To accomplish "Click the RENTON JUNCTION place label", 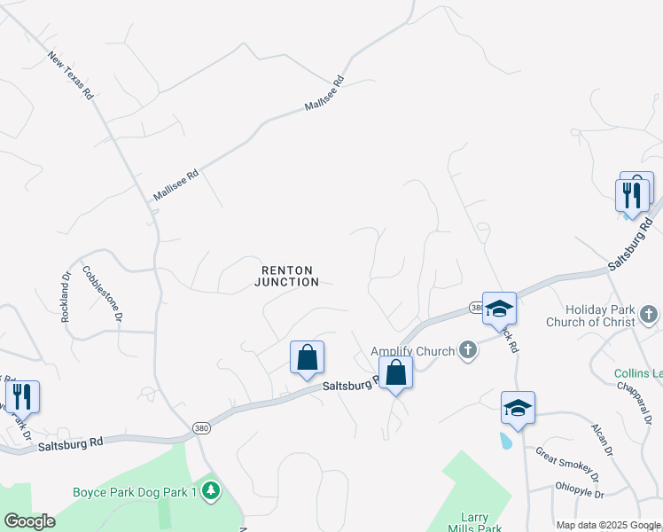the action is click(286, 276).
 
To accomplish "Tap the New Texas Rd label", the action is click(71, 74).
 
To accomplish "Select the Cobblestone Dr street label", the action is click(102, 292).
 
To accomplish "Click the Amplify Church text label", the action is click(412, 351).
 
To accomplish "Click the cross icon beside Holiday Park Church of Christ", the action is click(649, 314).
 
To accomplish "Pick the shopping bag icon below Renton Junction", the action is click(307, 358).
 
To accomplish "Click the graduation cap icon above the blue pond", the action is click(518, 408).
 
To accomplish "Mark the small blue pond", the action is click(505, 440).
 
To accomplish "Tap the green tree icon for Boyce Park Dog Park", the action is click(210, 490).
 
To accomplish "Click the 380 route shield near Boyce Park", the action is click(201, 428).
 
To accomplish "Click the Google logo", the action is click(29, 521).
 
